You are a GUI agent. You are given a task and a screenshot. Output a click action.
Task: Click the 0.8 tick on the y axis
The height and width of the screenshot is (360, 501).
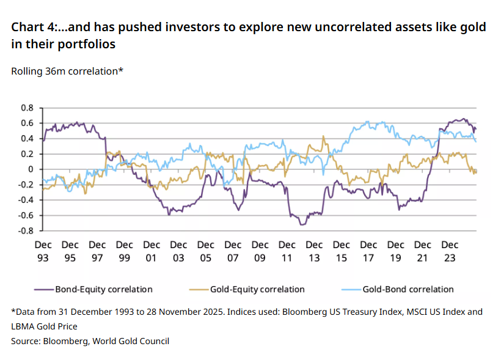pyautogui.click(x=27, y=108)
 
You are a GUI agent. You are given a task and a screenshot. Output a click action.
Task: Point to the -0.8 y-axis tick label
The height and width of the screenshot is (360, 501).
pyautogui.click(x=26, y=231)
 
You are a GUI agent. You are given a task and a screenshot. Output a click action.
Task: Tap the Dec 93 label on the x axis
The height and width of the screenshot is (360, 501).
pyautogui.click(x=43, y=251)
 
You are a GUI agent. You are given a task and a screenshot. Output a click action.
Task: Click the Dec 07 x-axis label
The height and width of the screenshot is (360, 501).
pyautogui.click(x=232, y=251)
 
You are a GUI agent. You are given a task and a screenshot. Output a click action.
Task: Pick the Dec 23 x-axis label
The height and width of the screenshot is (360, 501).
pyautogui.click(x=450, y=251)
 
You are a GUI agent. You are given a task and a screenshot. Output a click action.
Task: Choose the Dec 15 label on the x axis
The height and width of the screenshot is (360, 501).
pyautogui.click(x=341, y=251)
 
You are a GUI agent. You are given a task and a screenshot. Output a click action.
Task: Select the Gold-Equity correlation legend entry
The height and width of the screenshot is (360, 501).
pyautogui.click(x=257, y=289)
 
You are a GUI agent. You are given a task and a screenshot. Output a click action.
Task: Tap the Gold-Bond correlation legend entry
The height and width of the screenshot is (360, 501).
pyautogui.click(x=408, y=289)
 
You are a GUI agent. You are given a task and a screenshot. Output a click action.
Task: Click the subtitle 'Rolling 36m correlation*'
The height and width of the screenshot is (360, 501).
pyautogui.click(x=67, y=71)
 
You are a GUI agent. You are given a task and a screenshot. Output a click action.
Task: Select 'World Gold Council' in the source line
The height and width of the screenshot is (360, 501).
pyautogui.click(x=131, y=341)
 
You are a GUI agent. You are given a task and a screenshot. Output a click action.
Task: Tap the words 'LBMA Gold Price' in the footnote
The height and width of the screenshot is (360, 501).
pyautogui.click(x=44, y=326)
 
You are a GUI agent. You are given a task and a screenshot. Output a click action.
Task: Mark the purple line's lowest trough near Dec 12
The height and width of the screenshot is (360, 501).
pyautogui.click(x=302, y=225)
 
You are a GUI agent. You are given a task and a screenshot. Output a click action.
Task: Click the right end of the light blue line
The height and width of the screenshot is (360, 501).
pyautogui.click(x=477, y=142)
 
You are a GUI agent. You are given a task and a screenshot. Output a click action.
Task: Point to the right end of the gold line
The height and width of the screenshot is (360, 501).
pyautogui.click(x=477, y=171)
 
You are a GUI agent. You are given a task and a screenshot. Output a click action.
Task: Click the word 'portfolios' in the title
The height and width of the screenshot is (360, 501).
pyautogui.click(x=84, y=45)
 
